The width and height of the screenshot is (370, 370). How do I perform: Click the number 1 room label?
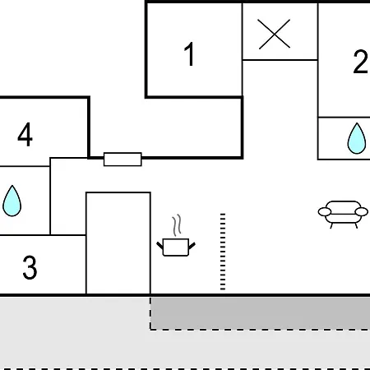coord(189,54)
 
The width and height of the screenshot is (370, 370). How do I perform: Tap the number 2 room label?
coord(361,62)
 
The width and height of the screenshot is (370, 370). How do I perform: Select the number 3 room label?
coord(30,267)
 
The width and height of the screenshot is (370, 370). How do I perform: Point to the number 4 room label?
coord(25,134)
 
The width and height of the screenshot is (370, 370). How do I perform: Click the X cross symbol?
coord(274,35)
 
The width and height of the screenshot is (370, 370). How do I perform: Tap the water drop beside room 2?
coord(357,138)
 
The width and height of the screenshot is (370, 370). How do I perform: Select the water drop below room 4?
coord(12,201)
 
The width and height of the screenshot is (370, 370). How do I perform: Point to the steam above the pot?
coord(177,225)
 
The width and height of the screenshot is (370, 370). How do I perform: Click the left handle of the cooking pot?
coord(160,245)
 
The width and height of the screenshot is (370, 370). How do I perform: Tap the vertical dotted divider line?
coord(223,252)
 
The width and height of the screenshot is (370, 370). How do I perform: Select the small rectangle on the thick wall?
coord(123,160)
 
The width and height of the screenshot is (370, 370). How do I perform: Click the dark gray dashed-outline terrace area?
coord(260,313)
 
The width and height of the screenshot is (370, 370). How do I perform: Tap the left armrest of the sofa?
coord(325,212)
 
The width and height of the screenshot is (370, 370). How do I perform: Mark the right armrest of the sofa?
coord(362,212)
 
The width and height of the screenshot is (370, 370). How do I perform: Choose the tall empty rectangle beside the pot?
coord(118,243)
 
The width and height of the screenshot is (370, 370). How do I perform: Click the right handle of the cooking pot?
coord(192,246)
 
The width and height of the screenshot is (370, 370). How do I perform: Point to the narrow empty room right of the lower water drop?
coord(67,197)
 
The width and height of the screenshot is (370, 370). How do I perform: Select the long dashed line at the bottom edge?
coord(185,368)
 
